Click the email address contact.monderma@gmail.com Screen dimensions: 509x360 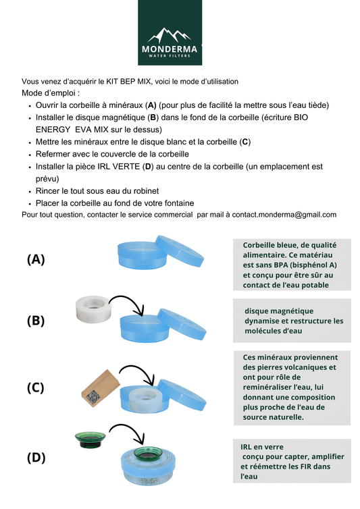[x=284, y=215]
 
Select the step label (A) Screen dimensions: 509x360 [x=36, y=259]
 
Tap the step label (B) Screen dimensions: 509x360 [x=36, y=321]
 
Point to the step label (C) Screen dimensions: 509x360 [x=36, y=387]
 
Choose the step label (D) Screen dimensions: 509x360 [x=36, y=457]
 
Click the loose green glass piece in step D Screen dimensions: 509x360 [x=90, y=441]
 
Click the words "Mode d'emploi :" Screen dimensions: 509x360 [x=51, y=92]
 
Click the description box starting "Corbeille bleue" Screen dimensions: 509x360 [x=292, y=265]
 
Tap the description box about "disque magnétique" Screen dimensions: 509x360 [x=292, y=321]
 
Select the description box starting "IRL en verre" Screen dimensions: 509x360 [x=292, y=461]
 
